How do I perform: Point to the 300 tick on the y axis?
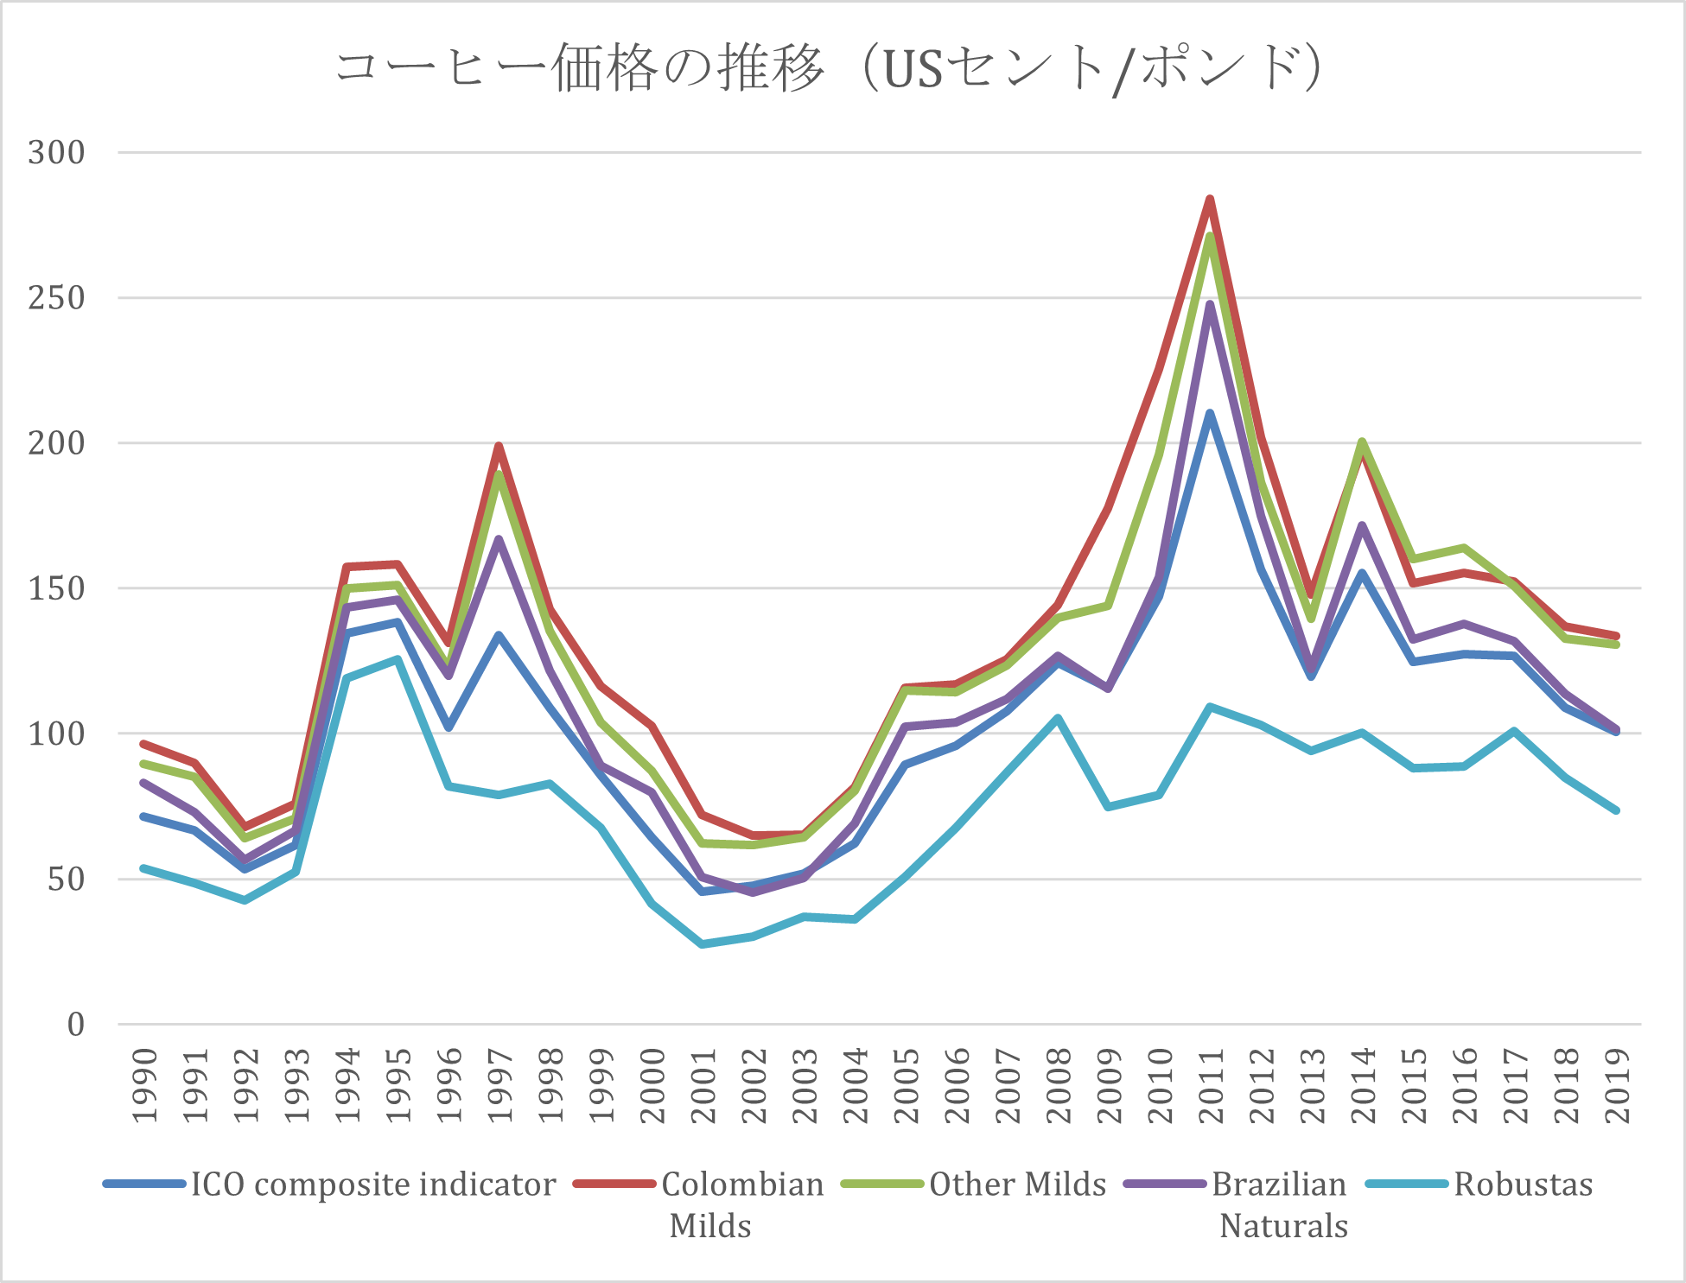coord(57,153)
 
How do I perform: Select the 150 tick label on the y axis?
coord(57,589)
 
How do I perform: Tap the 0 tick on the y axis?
coord(76,1025)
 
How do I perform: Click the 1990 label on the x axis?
coord(145,1085)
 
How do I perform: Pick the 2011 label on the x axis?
coord(1211,1085)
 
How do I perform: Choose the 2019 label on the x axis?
coord(1617,1085)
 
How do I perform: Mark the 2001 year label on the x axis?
coord(703,1085)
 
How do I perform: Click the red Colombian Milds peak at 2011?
coord(1211,199)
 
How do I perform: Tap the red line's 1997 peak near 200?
coord(499,445)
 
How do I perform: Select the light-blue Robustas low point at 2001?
coord(702,944)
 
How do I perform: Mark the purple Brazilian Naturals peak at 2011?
coord(1211,303)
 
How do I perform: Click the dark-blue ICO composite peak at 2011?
coord(1211,413)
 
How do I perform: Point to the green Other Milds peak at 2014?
coord(1363,441)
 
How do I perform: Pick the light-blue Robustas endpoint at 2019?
coord(1616,810)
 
